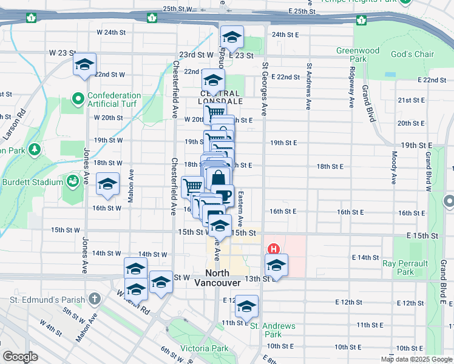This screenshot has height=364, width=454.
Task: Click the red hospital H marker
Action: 274,249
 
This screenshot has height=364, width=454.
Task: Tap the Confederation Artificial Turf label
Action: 114,100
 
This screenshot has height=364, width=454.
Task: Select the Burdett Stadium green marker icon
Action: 73,181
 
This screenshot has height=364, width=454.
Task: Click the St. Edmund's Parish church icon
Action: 94,298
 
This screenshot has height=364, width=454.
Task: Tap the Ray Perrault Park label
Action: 405,268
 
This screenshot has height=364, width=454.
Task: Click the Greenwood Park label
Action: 358,55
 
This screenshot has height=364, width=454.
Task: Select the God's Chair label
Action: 412,55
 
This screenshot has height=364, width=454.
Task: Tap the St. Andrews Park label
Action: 273,330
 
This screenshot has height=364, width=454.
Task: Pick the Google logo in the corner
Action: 20,356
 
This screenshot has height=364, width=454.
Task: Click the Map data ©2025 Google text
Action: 416,359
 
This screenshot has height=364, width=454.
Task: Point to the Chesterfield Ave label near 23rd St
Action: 175,88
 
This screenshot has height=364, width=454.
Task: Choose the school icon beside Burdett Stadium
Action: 108,184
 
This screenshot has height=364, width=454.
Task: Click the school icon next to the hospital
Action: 276,265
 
